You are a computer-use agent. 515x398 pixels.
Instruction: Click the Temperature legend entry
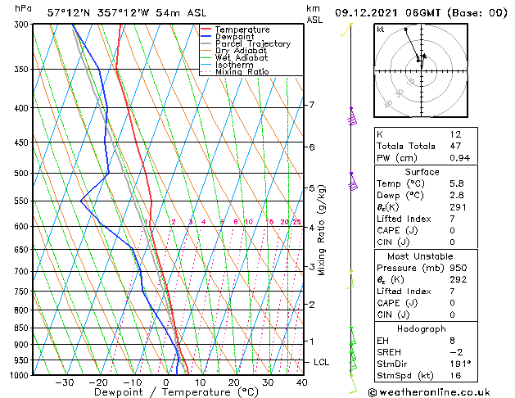pos(242,29)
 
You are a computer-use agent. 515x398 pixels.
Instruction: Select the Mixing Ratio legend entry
pos(242,72)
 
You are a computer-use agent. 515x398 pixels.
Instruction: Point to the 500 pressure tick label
pos(22,174)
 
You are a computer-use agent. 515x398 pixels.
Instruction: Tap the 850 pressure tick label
pos(22,328)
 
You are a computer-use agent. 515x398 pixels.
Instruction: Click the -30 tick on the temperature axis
pos(65,382)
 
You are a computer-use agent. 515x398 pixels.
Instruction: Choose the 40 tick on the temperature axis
pos(302,382)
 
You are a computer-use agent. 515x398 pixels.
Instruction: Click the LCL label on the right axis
pos(322,362)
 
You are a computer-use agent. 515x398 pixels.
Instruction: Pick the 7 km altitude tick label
pos(311,105)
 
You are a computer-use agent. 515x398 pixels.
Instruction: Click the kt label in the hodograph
pos(380,29)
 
